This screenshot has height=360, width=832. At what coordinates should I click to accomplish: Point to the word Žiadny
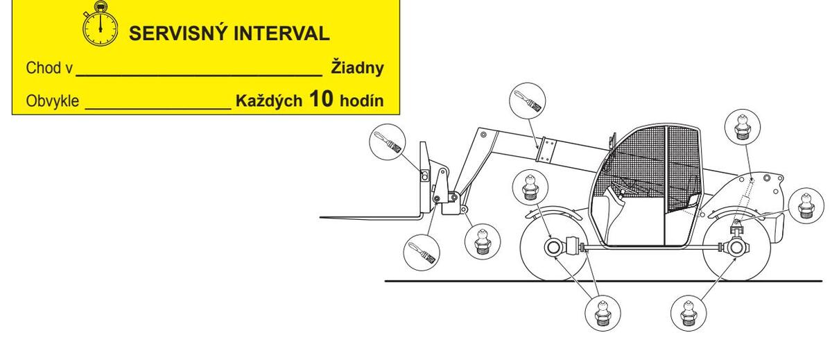[357, 69]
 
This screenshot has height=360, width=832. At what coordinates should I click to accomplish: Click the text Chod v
[49, 69]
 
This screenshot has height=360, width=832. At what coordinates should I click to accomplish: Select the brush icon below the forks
[422, 252]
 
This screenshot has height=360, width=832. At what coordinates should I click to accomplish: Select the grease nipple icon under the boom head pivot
[478, 240]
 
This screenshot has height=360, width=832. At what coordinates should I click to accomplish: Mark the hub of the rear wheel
[734, 247]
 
